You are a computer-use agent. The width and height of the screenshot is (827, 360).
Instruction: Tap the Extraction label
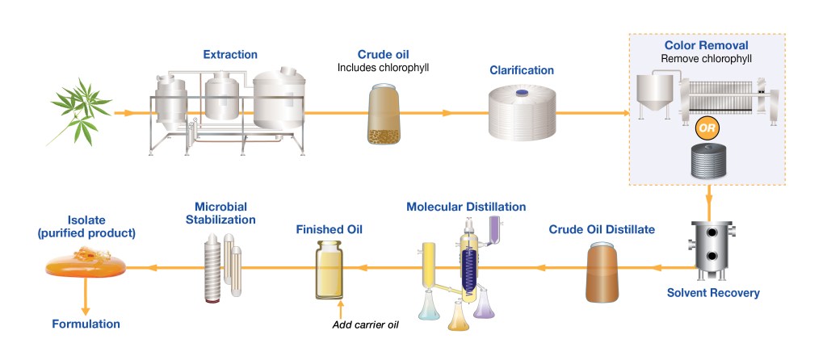pos(230,55)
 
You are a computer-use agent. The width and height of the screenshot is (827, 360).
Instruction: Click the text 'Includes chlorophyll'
pos(382,67)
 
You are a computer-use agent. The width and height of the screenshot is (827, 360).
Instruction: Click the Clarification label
pos(522,70)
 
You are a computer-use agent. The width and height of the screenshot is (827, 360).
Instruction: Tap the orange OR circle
pos(707,128)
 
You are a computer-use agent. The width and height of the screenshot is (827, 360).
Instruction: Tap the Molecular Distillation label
pos(466,207)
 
